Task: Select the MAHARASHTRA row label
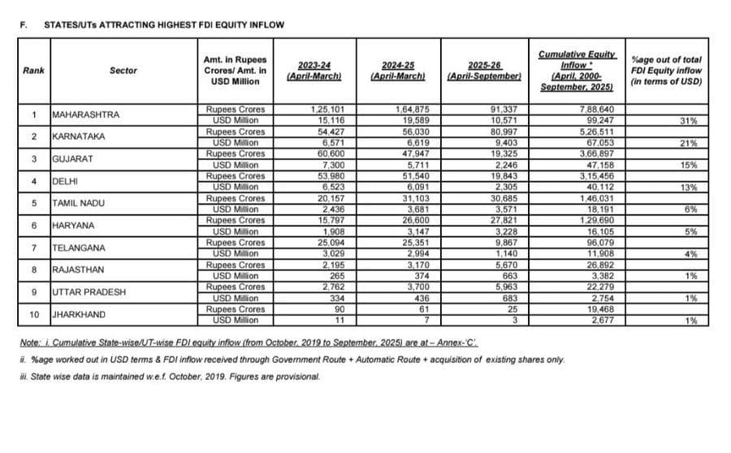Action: click(85, 114)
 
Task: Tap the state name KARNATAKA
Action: click(79, 136)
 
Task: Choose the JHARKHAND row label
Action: click(80, 314)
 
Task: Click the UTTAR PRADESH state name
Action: click(89, 292)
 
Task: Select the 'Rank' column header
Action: click(34, 71)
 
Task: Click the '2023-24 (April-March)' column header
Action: click(313, 70)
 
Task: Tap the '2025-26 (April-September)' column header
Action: click(483, 70)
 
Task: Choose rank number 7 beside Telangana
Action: click(34, 248)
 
